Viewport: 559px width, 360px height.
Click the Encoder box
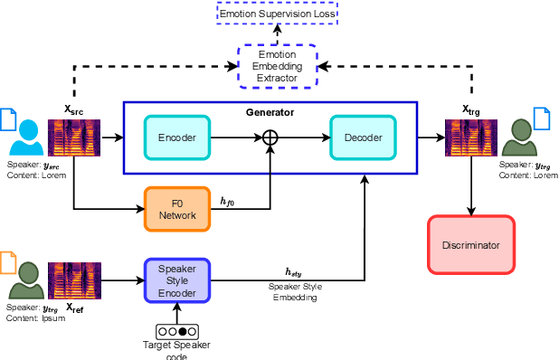[176, 137]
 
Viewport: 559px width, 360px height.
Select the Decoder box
[362, 137]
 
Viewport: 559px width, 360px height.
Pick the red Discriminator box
[469, 245]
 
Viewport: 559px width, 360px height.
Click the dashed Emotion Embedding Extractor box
[277, 67]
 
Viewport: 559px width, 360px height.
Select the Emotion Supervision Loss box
[277, 14]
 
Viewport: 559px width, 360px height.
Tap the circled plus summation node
[270, 137]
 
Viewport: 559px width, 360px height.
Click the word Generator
[270, 112]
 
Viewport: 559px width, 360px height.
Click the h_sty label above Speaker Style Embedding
[294, 271]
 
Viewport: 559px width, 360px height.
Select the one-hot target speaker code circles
[176, 331]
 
